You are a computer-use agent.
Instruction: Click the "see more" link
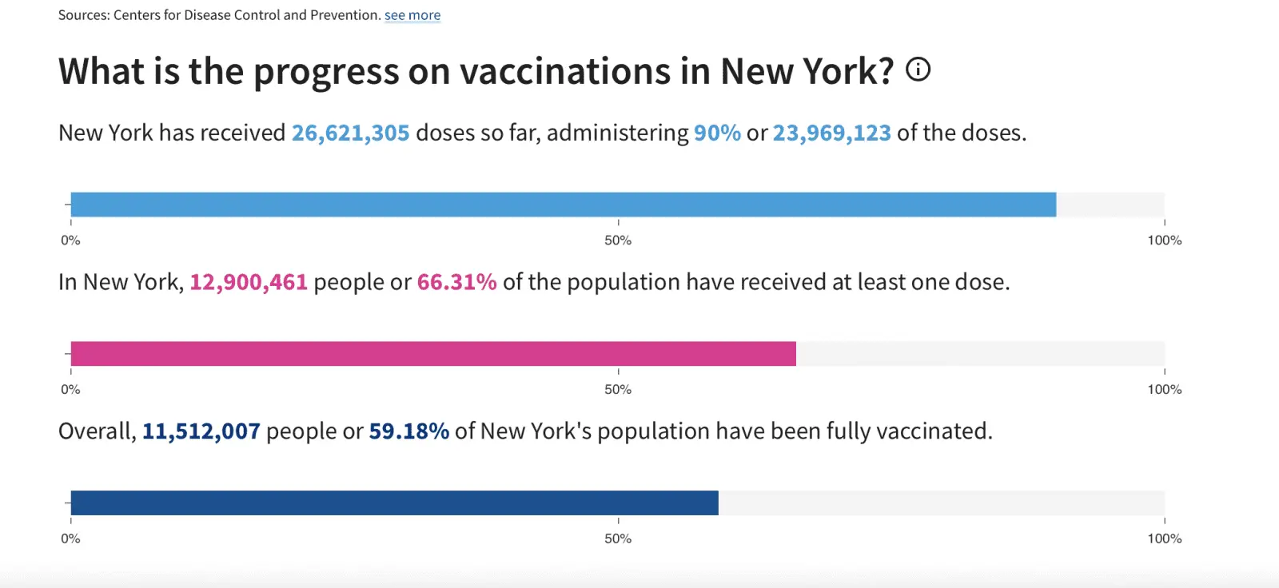click(x=412, y=15)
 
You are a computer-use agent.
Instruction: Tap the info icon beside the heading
click(x=918, y=70)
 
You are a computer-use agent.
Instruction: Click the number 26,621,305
click(x=350, y=133)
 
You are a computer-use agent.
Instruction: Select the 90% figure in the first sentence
click(x=717, y=133)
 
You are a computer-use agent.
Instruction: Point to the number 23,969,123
click(x=831, y=133)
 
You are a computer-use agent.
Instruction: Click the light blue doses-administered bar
click(x=563, y=205)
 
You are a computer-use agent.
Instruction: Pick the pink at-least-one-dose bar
click(x=433, y=354)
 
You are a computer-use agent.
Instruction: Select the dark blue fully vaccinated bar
click(x=394, y=503)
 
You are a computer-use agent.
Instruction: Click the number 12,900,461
click(x=249, y=282)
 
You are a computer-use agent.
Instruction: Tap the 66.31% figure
click(x=456, y=282)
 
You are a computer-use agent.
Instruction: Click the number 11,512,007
click(x=201, y=431)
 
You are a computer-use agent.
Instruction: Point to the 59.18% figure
click(x=408, y=431)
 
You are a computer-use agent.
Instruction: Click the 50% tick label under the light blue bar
click(x=618, y=240)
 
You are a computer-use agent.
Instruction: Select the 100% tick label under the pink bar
click(x=1164, y=390)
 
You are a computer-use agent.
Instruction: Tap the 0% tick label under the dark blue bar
click(x=70, y=539)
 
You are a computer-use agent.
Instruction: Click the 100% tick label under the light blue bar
click(x=1164, y=240)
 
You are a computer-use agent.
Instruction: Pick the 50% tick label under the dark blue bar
click(x=618, y=539)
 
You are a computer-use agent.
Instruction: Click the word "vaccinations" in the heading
click(x=565, y=72)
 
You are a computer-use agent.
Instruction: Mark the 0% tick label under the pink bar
click(x=70, y=390)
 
